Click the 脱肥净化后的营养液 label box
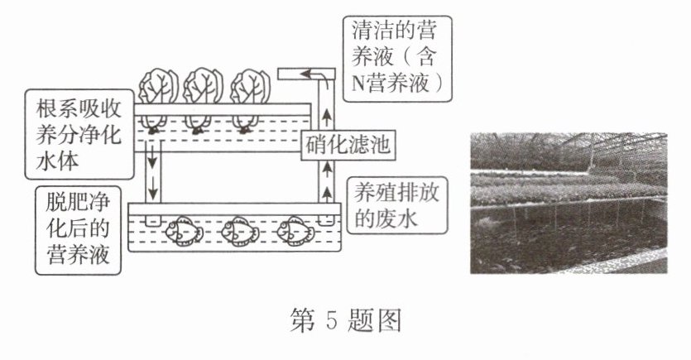coord(77,230)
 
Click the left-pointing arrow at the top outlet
coord(310,74)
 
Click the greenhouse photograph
coord(568,203)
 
